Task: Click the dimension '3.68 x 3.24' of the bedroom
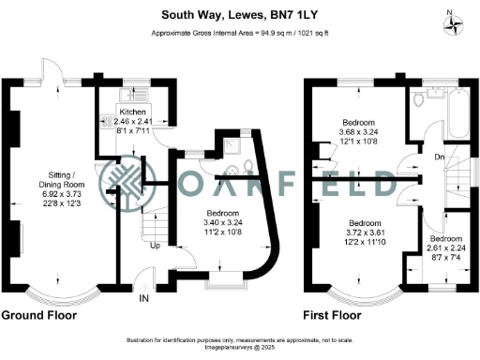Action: (x=359, y=132)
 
